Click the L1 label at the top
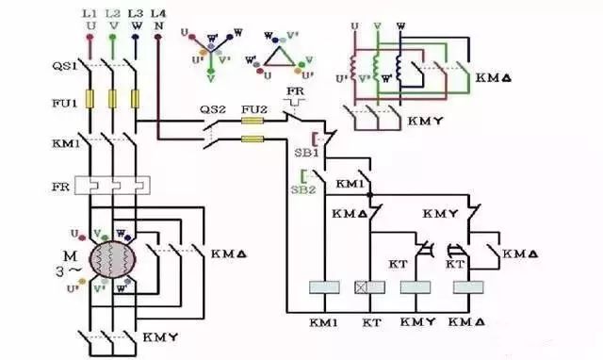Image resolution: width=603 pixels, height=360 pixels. point(91,13)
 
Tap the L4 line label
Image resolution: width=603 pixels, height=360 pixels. point(157,13)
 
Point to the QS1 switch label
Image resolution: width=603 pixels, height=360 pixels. point(62,66)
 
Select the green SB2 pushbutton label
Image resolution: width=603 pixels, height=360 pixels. point(306,188)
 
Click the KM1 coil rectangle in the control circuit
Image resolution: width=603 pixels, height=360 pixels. point(324,289)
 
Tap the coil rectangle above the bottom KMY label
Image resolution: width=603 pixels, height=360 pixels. point(415,289)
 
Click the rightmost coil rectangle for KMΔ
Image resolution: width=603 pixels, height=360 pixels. point(466,289)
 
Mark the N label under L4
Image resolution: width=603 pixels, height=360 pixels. point(157,25)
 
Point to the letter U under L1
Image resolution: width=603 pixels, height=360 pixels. point(91,25)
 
